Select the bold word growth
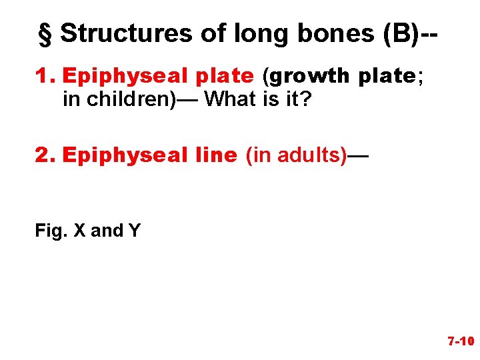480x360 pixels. point(309,77)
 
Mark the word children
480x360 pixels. point(117,99)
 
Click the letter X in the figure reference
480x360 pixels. point(79,231)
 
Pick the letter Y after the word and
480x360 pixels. point(134,231)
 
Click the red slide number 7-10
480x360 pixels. point(460,342)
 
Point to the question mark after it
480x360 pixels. point(307,99)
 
